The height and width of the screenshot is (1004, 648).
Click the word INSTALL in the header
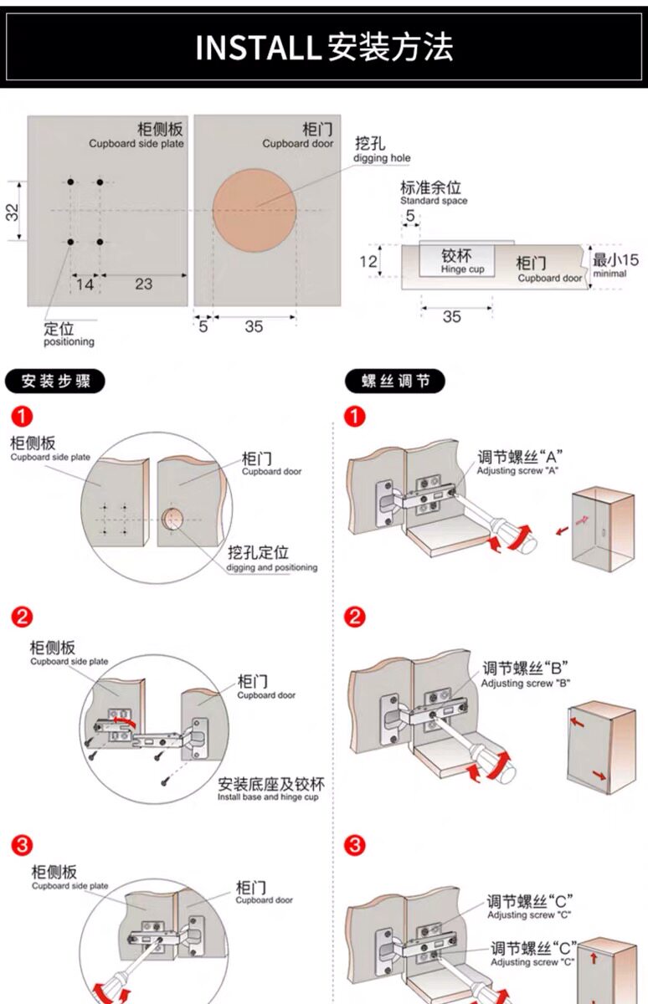258,47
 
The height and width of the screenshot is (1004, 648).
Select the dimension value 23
144,284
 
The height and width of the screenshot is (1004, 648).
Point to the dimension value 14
85,284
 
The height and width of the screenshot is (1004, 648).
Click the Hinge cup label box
456,260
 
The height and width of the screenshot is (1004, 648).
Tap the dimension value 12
368,261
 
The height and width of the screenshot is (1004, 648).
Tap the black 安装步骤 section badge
55,382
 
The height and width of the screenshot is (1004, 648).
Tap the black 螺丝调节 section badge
395,382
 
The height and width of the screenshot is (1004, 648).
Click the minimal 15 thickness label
615,264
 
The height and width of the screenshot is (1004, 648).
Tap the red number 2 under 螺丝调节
355,617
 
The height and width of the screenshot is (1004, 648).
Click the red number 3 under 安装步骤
23,845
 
